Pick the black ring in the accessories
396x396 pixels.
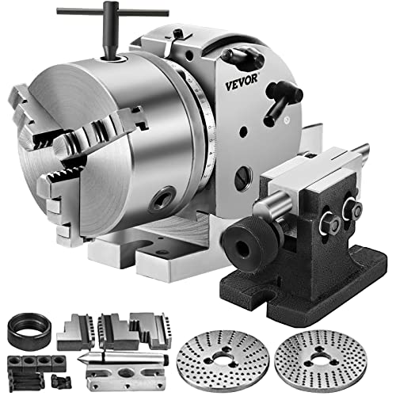(25, 329)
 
